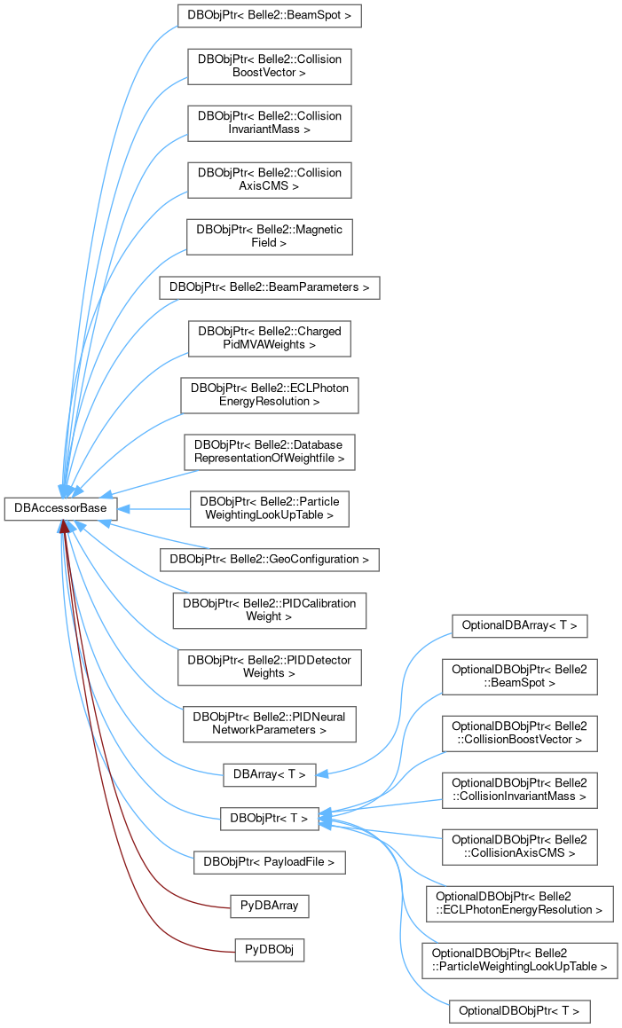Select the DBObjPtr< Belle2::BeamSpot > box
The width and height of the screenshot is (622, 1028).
pos(269,17)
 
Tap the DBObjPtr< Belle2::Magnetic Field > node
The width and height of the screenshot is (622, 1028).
pos(269,234)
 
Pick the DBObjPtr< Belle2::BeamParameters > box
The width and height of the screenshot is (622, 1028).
pos(269,287)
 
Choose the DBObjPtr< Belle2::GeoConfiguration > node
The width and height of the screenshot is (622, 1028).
pos(269,560)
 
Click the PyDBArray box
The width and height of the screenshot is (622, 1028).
pos(269,906)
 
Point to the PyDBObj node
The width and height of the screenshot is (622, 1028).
pos(269,950)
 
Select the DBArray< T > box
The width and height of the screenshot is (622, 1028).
pos(269,774)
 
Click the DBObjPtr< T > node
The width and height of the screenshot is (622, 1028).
pos(269,818)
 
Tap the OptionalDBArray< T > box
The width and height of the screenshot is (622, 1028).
pos(520,625)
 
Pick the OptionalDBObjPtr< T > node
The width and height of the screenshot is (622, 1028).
pos(520,1010)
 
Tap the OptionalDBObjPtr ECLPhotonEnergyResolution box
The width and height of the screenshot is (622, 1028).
pos(520,902)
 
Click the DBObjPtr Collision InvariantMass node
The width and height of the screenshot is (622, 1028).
pos(269,122)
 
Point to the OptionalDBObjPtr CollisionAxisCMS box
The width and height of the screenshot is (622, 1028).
pos(520,845)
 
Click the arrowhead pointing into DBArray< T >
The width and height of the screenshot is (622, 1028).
pos(323,774)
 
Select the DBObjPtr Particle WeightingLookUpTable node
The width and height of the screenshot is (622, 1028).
pos(269,508)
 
